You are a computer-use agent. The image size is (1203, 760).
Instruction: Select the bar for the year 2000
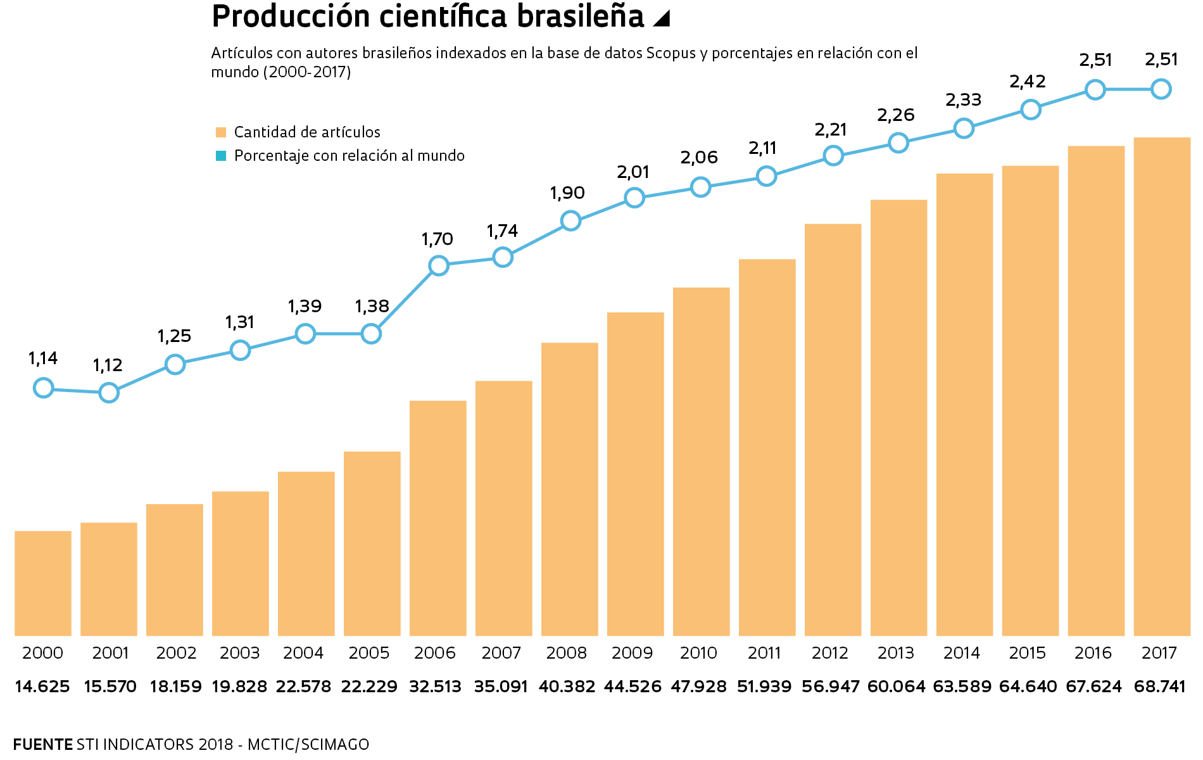coord(43,583)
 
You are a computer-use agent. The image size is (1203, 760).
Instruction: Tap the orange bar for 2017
coord(1162,386)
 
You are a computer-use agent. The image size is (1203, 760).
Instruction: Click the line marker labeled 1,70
coord(438,265)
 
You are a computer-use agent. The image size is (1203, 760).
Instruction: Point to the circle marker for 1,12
coord(109,393)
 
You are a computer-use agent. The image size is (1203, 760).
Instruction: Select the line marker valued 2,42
coord(1031,110)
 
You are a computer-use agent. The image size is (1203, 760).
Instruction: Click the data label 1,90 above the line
coord(567,193)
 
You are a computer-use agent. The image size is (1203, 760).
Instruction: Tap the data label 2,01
coord(633,172)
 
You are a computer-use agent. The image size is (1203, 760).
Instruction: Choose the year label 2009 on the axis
coord(633,653)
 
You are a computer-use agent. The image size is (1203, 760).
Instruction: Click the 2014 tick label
coord(962,653)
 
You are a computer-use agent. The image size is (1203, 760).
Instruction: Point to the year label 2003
coord(240,653)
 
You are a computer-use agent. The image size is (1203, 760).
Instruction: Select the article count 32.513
coord(435,687)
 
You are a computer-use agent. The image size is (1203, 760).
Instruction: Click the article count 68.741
coord(1159,687)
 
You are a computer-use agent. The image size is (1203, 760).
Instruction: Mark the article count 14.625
coord(42,687)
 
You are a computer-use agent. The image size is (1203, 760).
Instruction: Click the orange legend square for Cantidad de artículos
coord(221,132)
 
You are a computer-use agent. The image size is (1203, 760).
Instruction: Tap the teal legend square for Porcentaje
coord(221,156)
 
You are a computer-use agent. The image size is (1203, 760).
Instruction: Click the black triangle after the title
coord(661,19)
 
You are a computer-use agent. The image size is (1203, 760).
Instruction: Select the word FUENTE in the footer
coord(42,744)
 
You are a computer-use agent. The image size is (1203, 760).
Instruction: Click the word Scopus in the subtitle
coord(671,53)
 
